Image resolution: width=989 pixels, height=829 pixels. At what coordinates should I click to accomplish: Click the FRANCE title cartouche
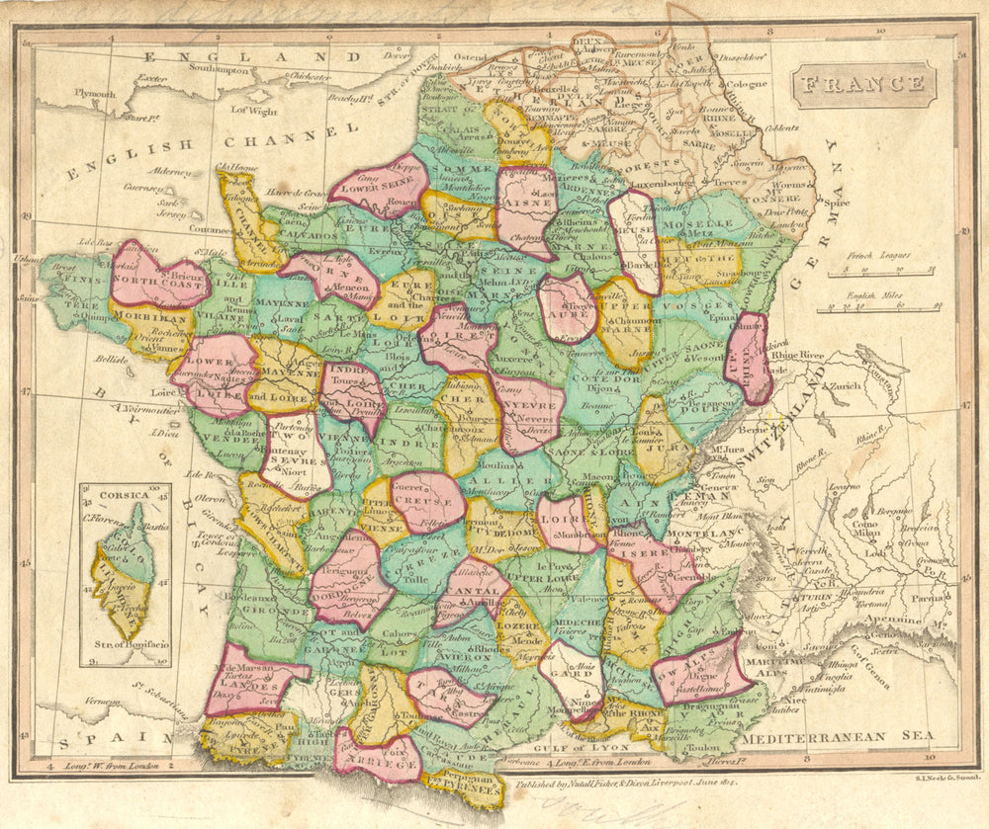click(x=863, y=85)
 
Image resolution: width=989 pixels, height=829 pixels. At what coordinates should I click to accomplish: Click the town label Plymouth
click(x=95, y=94)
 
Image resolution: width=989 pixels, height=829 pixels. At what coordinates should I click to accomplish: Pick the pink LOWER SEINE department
click(x=381, y=186)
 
